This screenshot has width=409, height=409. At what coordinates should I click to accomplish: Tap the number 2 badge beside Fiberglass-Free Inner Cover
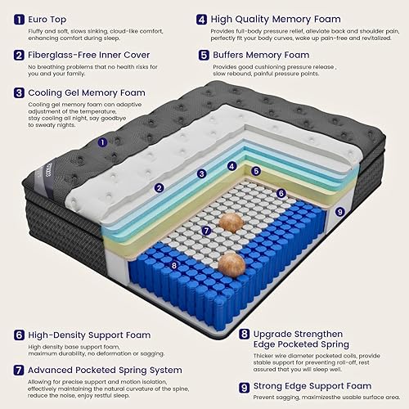point(18,56)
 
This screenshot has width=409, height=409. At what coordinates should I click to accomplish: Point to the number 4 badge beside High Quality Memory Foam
point(201,18)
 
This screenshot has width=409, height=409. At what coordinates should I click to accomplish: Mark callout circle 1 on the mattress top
point(102,142)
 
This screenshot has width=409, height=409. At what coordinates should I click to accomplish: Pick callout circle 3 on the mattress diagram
point(201,173)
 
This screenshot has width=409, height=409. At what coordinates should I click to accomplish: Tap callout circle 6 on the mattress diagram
point(281,194)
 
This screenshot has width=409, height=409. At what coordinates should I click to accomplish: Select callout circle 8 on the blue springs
point(173,264)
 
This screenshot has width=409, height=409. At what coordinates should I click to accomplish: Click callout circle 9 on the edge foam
point(340,212)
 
